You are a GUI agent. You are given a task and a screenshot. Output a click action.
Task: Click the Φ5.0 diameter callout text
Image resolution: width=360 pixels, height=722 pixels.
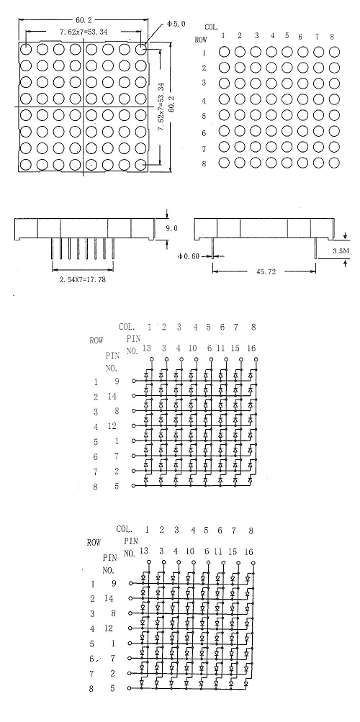(x=176, y=24)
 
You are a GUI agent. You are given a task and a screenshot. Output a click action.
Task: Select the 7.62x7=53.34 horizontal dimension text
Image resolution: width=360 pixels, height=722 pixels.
(x=84, y=32)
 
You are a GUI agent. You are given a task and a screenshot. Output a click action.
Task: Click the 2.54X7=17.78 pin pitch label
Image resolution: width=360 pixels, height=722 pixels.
(x=82, y=279)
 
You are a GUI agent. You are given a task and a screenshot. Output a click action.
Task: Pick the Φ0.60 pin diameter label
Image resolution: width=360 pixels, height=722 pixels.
(x=189, y=256)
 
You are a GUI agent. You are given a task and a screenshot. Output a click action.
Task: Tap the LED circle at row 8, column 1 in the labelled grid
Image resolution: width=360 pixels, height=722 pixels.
(x=224, y=163)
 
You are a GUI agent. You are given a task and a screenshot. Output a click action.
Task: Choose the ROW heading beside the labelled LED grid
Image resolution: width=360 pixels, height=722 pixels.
(x=201, y=40)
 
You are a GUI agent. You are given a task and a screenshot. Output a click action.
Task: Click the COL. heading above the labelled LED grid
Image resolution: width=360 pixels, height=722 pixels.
(x=212, y=27)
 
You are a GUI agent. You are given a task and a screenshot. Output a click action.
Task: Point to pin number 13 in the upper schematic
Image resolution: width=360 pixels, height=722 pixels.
(x=146, y=348)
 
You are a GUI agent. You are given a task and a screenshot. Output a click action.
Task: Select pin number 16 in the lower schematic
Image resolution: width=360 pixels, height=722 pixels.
(x=248, y=551)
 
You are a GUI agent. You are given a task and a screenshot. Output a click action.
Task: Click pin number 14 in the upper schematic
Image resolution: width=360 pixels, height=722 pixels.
(x=112, y=396)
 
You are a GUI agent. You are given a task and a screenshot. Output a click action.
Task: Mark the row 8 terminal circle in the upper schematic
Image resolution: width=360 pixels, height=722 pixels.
(x=133, y=485)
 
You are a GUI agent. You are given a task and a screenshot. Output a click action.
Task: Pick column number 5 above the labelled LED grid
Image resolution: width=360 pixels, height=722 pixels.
(x=287, y=35)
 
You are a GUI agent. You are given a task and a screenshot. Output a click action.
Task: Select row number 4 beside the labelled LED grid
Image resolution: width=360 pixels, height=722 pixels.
(x=204, y=100)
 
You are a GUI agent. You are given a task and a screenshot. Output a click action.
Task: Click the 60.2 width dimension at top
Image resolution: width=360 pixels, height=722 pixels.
(x=84, y=20)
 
